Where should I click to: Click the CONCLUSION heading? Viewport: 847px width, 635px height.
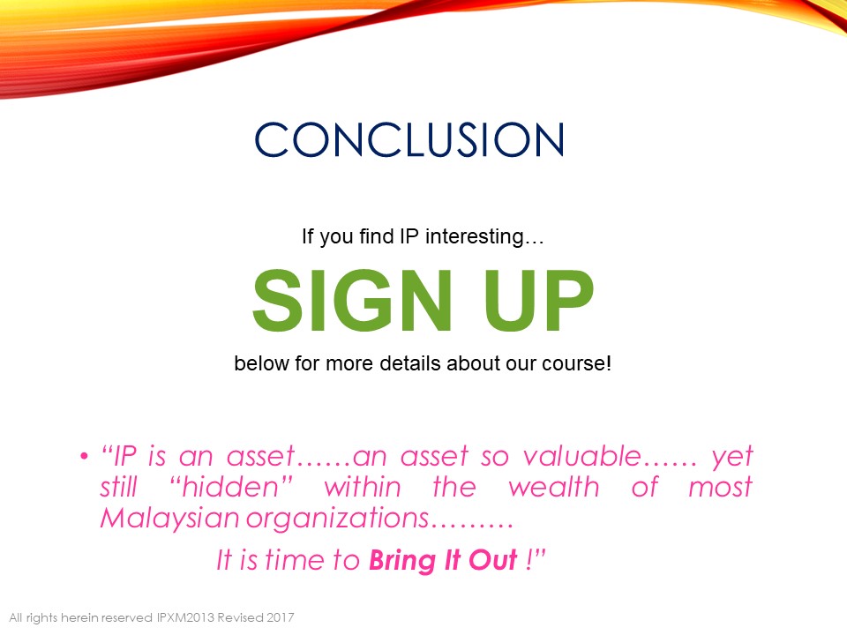[409, 139]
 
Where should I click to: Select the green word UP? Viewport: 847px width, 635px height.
[538, 300]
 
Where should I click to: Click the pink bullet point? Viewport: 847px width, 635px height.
[84, 457]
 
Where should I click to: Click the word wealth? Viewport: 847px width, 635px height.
[554, 487]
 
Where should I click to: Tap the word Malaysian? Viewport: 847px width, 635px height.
[169, 518]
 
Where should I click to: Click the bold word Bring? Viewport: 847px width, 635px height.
[402, 561]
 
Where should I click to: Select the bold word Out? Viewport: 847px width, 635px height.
[492, 559]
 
